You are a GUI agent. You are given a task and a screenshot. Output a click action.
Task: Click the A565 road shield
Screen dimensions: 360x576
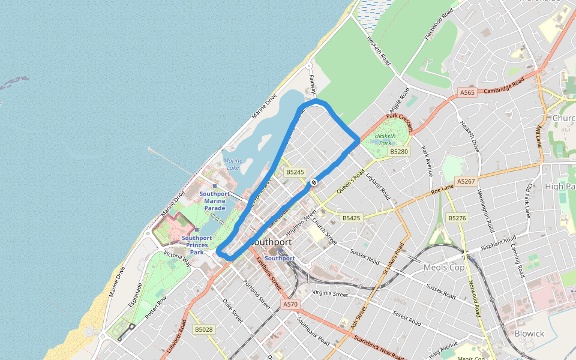coord(467,92)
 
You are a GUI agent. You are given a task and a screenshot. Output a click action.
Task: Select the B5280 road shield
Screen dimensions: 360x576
coord(399,152)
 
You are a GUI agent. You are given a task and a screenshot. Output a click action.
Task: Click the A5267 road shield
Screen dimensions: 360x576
coord(466,181)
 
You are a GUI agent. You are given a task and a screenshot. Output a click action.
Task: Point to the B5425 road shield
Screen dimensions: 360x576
coord(351,218)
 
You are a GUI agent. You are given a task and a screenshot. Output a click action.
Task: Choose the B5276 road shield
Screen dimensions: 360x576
coord(457,218)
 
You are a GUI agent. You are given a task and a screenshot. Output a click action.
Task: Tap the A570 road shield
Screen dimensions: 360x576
coord(290,305)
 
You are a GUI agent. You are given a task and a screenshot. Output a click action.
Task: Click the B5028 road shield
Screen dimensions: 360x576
coord(204,329)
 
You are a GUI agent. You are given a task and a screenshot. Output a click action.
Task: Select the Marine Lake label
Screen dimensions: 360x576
coord(232,164)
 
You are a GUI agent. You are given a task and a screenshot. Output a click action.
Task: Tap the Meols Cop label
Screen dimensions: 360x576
coord(445,267)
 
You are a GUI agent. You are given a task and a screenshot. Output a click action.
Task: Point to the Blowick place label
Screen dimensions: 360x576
coord(529,334)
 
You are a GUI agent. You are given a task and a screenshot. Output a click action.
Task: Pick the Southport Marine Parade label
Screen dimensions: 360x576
coord(214,201)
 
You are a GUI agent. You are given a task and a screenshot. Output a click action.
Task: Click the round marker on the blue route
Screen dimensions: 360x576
coord(313,182)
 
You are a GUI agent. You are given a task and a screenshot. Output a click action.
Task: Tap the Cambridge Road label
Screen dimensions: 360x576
coord(505,86)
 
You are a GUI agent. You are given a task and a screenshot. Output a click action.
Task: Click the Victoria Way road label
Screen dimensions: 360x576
coord(177,259)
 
